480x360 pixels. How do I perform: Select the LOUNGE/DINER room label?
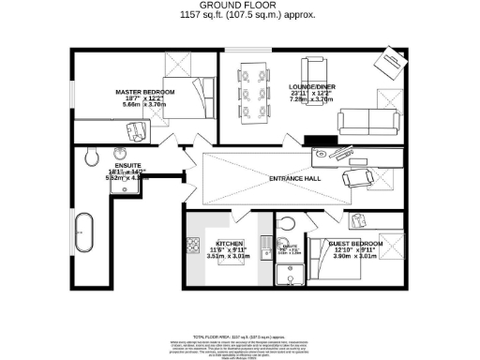coord(310,86)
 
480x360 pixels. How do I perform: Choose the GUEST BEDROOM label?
coord(352,242)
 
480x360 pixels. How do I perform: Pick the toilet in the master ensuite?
coord(91,157)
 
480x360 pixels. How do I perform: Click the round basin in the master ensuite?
coord(120,154)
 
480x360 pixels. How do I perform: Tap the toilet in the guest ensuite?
coord(288,221)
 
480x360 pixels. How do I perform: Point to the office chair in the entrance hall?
coord(356,178)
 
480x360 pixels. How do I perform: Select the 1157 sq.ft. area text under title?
coord(239,16)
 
